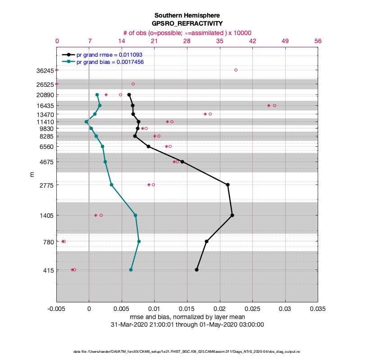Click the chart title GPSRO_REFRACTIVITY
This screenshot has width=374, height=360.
pyautogui.click(x=187, y=23)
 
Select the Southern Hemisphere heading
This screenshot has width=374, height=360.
pyautogui.click(x=187, y=15)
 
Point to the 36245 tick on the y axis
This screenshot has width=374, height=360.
pyautogui.click(x=45, y=70)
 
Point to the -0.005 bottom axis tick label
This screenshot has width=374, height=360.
pyautogui.click(x=56, y=310)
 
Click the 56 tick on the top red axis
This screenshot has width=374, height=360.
pyautogui.click(x=318, y=41)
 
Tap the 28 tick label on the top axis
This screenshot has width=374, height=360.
pyautogui.click(x=187, y=41)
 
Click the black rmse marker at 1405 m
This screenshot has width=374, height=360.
pyautogui.click(x=232, y=215)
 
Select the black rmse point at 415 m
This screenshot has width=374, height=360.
pyautogui.click(x=196, y=270)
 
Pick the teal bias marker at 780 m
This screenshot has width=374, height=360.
pyautogui.click(x=139, y=241)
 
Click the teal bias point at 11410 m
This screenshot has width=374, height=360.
pyautogui.click(x=86, y=121)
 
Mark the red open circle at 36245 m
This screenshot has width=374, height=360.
pyautogui.click(x=236, y=70)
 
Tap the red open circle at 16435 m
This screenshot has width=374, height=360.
pyautogui.click(x=274, y=105)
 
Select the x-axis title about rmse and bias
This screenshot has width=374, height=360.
pyautogui.click(x=187, y=318)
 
